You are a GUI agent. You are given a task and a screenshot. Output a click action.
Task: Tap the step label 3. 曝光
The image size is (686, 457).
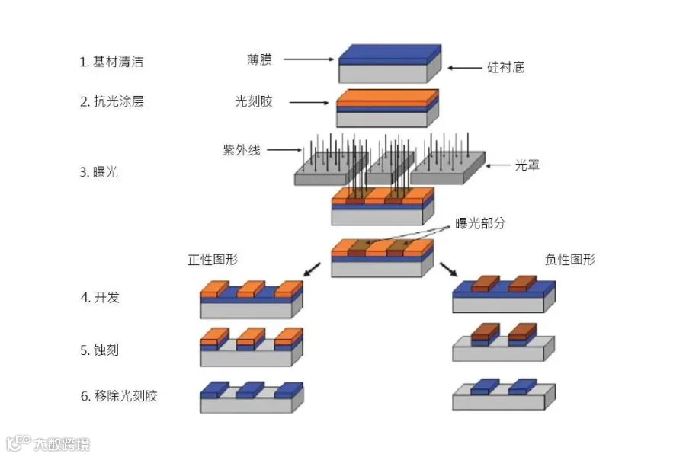click(x=99, y=172)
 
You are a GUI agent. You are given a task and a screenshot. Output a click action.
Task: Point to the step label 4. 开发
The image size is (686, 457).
click(x=100, y=297)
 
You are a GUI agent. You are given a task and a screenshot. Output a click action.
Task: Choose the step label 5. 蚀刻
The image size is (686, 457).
click(x=100, y=350)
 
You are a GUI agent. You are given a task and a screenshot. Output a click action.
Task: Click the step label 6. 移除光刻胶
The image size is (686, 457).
click(x=119, y=396)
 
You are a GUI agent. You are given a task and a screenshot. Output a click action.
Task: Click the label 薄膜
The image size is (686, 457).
click(x=261, y=59)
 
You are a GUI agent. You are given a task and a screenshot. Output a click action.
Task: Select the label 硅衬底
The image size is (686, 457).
click(x=505, y=67)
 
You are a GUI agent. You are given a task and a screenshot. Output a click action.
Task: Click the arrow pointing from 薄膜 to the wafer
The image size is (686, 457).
click(x=309, y=59)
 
